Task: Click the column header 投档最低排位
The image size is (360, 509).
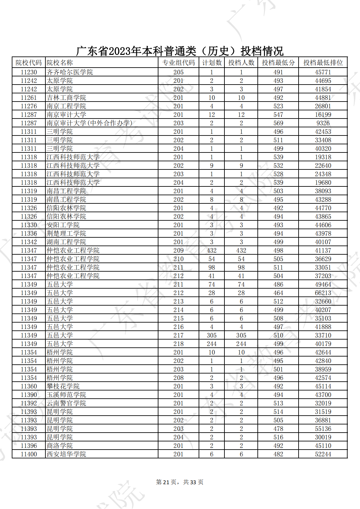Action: coord(323,63)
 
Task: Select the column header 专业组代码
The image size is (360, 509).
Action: coord(178,63)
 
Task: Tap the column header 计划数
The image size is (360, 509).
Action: coord(212,63)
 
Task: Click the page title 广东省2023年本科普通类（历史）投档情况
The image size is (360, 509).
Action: coord(180,51)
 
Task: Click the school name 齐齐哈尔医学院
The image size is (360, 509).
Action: coord(70,72)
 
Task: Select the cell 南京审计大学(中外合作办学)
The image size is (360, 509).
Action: coord(89,123)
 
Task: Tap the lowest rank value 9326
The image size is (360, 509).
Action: coord(323,123)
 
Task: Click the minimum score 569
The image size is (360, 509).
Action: coord(278,123)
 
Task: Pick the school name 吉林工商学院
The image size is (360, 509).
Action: coord(66,98)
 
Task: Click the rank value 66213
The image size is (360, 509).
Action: coord(323,293)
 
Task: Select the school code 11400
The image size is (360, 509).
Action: coord(29,454)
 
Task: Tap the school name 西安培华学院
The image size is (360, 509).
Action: coord(66,454)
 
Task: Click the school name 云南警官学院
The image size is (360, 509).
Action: coord(66,403)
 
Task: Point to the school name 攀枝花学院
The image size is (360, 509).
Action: coord(63,386)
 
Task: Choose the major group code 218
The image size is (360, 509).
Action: coord(178,344)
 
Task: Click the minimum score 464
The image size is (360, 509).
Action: coord(278,293)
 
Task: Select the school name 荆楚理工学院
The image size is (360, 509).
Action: coord(66,233)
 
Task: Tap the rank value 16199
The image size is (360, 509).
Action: coord(323,115)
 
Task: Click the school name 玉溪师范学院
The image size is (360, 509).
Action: coord(66,395)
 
